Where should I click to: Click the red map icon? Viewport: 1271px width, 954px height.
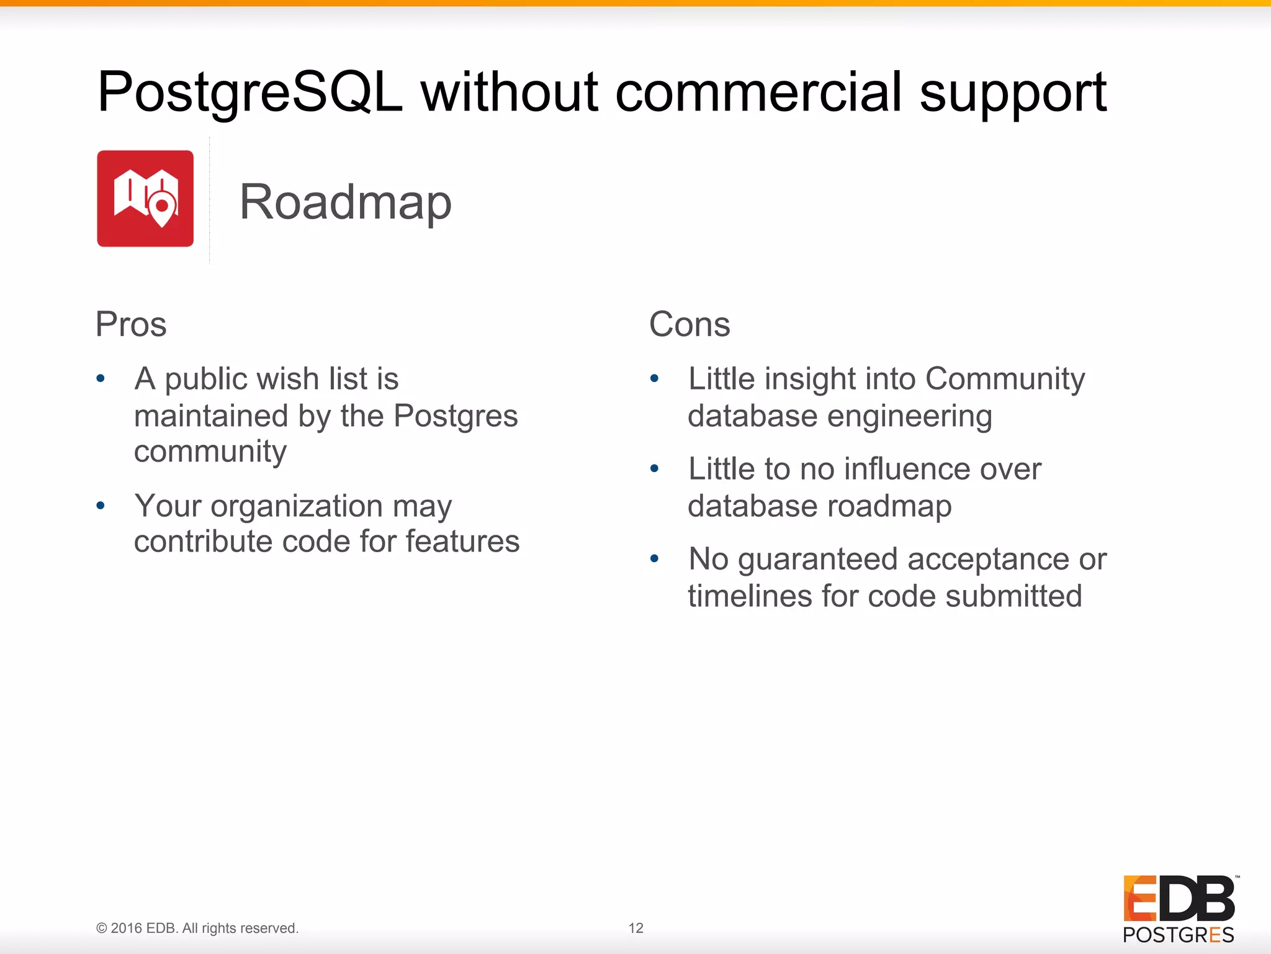pos(145,199)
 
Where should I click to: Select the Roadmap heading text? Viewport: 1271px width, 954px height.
pos(345,202)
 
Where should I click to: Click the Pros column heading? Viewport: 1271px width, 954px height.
pos(131,324)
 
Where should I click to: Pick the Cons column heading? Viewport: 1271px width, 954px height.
pos(689,324)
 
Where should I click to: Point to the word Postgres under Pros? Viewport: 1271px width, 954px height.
pos(456,416)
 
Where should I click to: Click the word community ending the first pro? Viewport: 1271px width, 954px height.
pos(210,452)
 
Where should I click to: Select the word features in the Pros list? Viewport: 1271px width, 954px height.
pos(462,542)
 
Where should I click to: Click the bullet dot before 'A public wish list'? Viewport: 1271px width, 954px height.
pos(101,378)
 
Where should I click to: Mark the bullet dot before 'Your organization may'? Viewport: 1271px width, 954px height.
pos(101,506)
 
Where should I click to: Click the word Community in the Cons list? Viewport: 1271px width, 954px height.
pos(1005,379)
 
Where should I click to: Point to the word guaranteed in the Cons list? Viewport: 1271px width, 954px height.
pos(817,560)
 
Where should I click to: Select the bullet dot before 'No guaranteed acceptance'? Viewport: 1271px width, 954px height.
pos(654,559)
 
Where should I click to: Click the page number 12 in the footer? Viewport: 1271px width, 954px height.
pos(635,928)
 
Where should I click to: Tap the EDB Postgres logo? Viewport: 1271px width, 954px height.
pos(1179,909)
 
